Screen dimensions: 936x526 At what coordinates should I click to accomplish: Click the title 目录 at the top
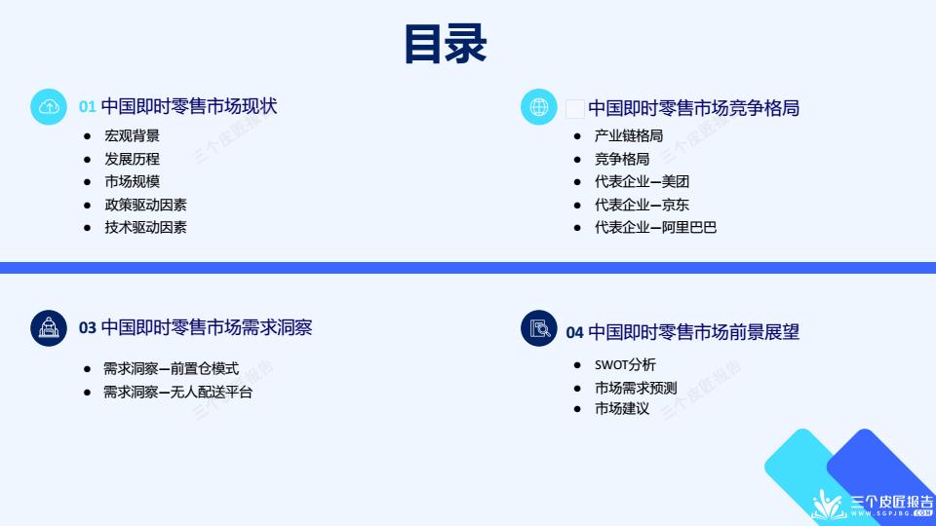[446, 44]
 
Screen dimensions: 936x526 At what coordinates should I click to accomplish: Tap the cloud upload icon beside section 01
[49, 107]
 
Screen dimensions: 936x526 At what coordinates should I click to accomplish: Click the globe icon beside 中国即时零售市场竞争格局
[538, 107]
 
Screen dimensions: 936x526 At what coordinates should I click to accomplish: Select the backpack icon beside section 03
[49, 328]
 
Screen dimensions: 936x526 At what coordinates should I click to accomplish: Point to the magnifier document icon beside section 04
[538, 328]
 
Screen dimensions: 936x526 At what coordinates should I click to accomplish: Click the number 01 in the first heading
[87, 107]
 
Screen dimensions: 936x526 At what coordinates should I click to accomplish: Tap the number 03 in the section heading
[87, 328]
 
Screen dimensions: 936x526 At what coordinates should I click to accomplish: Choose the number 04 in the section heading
[574, 333]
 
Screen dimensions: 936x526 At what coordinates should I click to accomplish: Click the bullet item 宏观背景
[132, 136]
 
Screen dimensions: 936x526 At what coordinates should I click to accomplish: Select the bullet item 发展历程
[132, 159]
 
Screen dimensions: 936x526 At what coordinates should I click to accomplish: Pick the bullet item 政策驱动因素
[145, 205]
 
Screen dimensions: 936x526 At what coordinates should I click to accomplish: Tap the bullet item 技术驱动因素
[145, 227]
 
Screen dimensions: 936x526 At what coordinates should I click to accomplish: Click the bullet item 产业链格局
[629, 136]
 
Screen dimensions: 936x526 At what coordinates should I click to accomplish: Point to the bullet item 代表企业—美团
[642, 181]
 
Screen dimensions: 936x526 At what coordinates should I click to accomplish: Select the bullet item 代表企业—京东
[642, 205]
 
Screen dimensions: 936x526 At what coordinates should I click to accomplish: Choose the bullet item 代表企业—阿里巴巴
[655, 227]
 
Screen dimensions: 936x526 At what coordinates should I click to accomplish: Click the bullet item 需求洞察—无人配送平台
[177, 392]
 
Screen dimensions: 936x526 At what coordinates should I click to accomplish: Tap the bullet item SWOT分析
[625, 364]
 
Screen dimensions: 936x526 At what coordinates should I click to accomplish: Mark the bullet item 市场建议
[621, 408]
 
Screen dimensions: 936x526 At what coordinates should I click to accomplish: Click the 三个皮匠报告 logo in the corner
[873, 505]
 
